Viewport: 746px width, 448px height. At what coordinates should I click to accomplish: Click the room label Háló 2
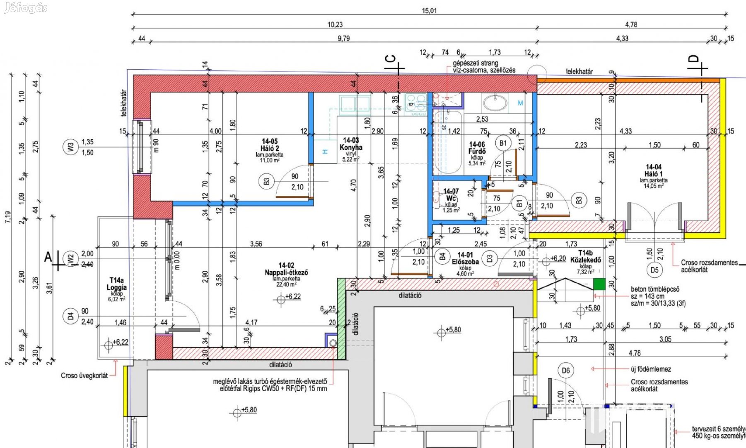click(270, 148)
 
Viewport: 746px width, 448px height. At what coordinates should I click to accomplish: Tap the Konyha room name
click(351, 147)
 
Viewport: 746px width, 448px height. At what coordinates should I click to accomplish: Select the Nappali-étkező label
click(286, 272)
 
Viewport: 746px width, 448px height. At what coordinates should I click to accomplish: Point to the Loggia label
click(116, 287)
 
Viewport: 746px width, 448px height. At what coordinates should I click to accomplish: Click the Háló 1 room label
click(653, 174)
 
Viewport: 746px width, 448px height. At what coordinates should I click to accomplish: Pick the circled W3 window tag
click(70, 147)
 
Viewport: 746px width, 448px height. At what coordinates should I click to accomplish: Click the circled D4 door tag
click(70, 317)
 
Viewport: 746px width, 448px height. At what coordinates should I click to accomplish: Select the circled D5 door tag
click(654, 270)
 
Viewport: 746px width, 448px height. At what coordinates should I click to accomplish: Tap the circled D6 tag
click(566, 370)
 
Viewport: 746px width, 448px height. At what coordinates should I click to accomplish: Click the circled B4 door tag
click(442, 257)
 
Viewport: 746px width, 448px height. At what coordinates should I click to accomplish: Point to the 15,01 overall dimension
click(429, 11)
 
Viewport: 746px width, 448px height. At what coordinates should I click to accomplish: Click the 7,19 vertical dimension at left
click(8, 217)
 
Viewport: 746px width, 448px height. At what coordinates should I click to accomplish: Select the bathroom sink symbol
click(495, 102)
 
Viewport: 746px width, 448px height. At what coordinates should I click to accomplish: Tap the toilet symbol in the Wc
click(437, 198)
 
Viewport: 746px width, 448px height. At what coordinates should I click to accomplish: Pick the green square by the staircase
click(599, 284)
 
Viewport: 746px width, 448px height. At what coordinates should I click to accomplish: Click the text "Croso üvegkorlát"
click(84, 375)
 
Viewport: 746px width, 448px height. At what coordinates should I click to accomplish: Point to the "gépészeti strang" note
click(475, 63)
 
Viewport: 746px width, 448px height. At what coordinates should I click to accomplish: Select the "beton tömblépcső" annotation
click(655, 289)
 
